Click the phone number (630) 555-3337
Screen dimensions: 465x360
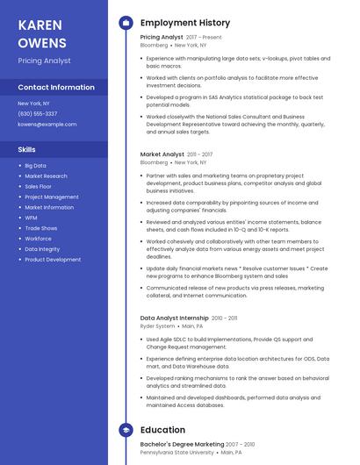tap(37, 114)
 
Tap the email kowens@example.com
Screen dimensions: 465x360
tap(47, 125)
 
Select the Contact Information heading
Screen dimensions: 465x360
tap(55, 88)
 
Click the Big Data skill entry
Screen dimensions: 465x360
tap(35, 166)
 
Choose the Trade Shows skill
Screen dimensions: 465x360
tap(40, 228)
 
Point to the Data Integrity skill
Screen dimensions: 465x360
tap(42, 249)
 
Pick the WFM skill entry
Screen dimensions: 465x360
tap(31, 218)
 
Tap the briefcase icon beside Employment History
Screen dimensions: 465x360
tap(126, 23)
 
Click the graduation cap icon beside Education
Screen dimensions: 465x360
tap(126, 431)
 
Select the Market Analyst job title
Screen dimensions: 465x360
tap(162, 154)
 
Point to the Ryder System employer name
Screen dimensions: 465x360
tap(157, 325)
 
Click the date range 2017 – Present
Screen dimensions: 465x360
tap(204, 38)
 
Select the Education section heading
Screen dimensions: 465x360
tap(162, 431)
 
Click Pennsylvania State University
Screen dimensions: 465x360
tap(176, 454)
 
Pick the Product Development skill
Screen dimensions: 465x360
tap(53, 260)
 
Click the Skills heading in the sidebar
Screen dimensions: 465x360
tap(27, 150)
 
